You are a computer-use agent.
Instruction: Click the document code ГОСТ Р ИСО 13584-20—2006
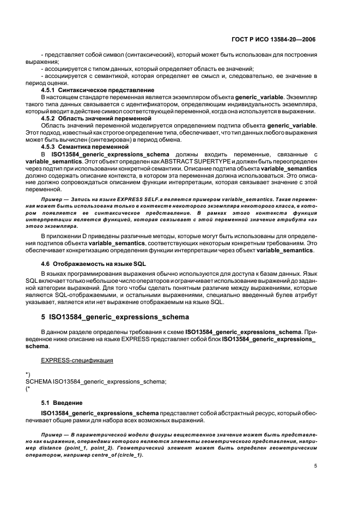coord(274,40)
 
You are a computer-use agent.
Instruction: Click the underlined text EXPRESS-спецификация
coord(77,361)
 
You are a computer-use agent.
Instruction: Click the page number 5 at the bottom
coord(316,466)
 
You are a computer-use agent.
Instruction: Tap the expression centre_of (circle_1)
coord(113,455)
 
